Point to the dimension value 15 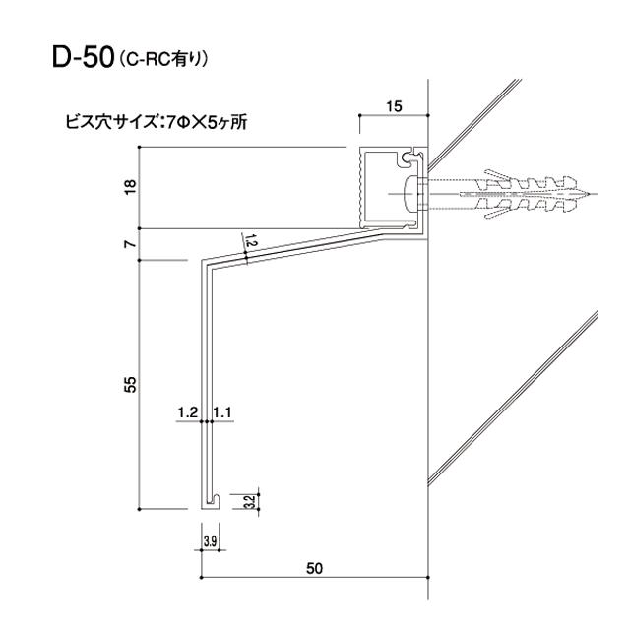coord(394,106)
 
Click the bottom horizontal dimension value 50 coord(315,568)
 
